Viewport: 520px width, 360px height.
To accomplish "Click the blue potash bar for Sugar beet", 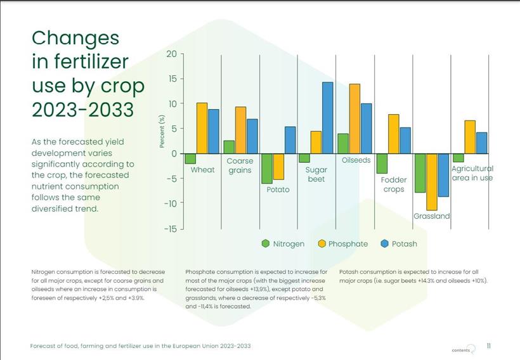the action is coord(327,118).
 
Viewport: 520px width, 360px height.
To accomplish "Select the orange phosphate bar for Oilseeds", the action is coord(354,119).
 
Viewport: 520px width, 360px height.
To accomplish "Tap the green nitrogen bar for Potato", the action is coord(266,169).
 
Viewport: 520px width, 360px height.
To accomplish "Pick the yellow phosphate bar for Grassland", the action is coord(432,182).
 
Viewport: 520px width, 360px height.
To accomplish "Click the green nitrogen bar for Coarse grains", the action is coord(229,147).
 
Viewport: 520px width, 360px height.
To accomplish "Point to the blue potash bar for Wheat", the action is coord(214,132).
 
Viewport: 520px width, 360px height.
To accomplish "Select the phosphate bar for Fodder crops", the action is coord(394,134).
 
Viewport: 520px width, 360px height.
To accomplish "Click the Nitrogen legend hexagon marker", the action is coord(266,243).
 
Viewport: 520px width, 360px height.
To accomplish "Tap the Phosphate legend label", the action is coord(348,244).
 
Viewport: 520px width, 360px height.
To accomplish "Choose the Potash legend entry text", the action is coord(404,244).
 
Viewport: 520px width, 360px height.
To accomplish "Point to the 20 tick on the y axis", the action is coord(171,54).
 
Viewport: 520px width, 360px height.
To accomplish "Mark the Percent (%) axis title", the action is coord(162,132).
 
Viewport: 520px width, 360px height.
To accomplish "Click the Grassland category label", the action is coord(431,216).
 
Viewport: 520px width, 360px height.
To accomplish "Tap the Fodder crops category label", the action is coord(394,184).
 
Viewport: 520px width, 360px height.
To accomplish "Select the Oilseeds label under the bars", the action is coord(356,160).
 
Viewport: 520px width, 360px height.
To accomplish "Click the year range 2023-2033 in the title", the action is coord(82,110).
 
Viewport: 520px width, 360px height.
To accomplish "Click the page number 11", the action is coord(488,346).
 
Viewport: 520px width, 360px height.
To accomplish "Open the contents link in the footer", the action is coord(461,350).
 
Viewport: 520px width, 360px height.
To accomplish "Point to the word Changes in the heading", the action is coord(75,38).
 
